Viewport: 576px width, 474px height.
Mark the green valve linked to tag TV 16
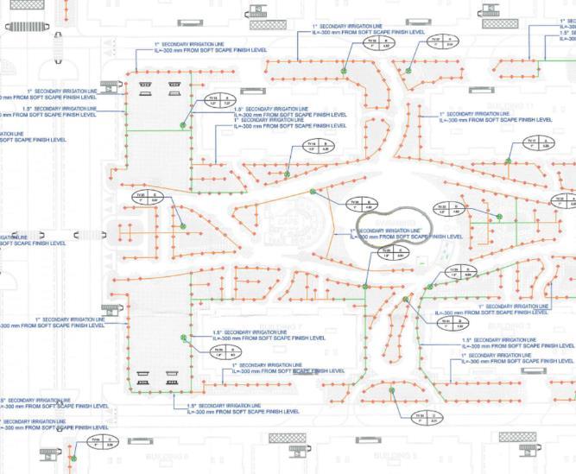pyautogui.click(x=183, y=226)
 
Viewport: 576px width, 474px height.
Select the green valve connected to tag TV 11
pyautogui.click(x=183, y=125)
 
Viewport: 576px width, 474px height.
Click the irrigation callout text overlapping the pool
pyautogui.click(x=402, y=233)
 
